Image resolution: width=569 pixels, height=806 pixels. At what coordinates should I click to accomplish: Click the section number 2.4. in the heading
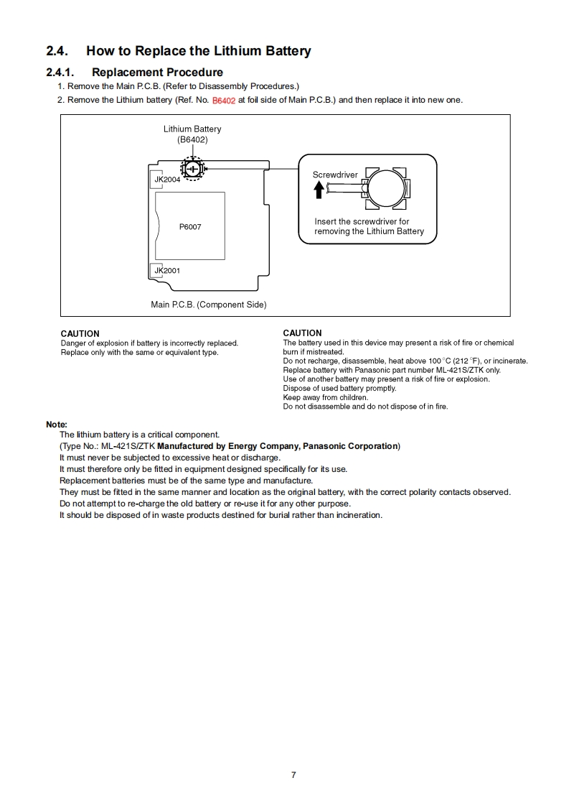click(57, 51)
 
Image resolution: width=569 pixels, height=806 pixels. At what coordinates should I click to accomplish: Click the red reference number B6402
click(224, 101)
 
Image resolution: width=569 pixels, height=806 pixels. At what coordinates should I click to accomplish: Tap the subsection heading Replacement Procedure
click(157, 73)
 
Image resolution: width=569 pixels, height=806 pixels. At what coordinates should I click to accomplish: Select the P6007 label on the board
click(190, 227)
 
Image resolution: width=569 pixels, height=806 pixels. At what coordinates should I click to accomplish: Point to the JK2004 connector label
click(168, 180)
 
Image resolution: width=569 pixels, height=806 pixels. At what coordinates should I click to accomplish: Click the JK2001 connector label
click(167, 271)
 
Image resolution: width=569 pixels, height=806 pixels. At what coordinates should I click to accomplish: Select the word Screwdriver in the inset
click(335, 175)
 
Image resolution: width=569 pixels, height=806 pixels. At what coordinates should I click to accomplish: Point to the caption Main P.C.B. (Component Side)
click(208, 305)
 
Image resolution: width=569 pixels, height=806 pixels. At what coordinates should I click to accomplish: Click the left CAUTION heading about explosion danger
click(80, 334)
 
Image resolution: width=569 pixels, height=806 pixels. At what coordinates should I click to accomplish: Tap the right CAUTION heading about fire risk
click(302, 333)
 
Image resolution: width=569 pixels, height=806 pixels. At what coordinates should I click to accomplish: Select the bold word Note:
click(57, 425)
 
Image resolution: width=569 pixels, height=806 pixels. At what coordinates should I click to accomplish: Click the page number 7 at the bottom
click(293, 774)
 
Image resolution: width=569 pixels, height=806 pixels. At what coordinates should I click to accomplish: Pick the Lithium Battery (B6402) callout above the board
click(192, 134)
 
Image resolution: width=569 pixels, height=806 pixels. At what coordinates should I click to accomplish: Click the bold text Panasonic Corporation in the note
click(350, 446)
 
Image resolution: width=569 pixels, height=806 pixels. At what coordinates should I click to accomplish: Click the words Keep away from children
click(325, 397)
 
